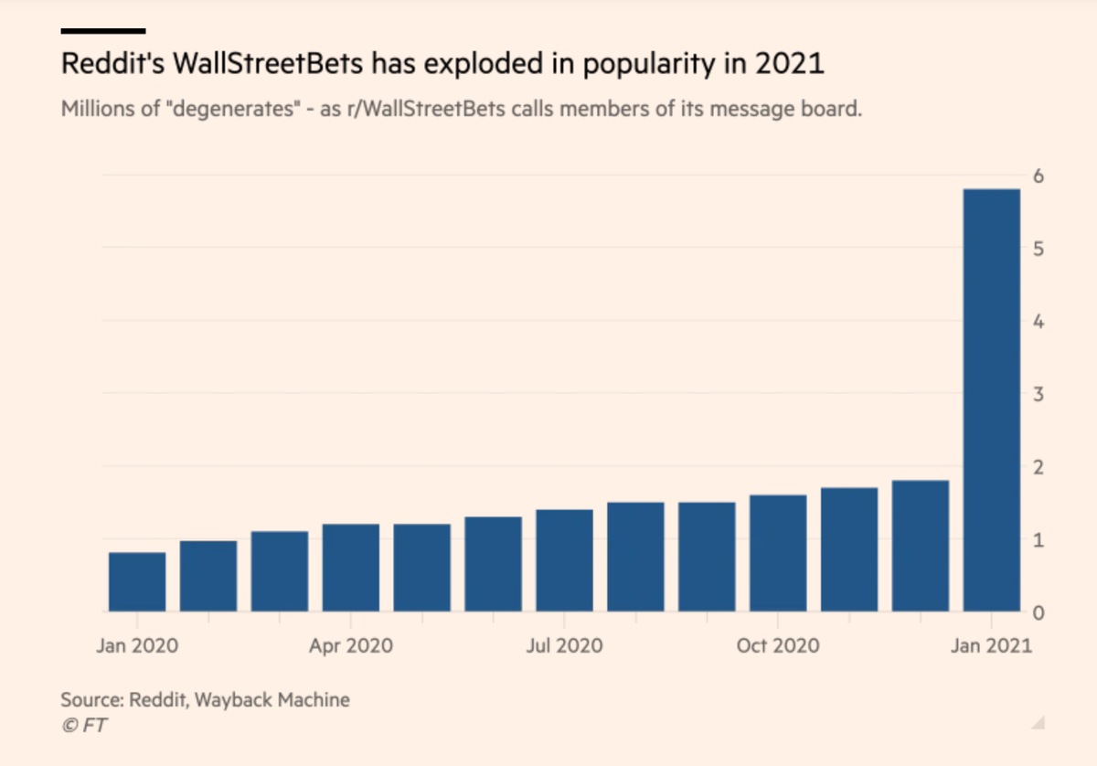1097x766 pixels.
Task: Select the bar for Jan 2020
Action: (x=137, y=582)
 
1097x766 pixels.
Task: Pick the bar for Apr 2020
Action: (x=351, y=568)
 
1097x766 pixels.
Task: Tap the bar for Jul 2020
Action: (x=564, y=560)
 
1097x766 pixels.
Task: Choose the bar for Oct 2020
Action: (x=778, y=553)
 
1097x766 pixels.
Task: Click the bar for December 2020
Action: (x=921, y=546)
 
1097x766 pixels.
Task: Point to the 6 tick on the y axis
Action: (x=1038, y=176)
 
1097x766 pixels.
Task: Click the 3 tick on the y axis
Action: (x=1038, y=394)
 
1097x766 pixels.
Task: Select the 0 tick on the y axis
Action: (x=1038, y=612)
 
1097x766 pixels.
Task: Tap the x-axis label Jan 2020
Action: (x=137, y=645)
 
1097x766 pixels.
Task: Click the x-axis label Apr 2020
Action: (x=351, y=645)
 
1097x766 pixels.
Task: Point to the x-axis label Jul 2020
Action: (x=564, y=645)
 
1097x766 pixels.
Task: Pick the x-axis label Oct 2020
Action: (x=778, y=645)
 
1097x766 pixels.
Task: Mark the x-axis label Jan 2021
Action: (x=992, y=645)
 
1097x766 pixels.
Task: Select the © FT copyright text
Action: (x=84, y=726)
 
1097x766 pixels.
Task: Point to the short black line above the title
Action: (x=102, y=31)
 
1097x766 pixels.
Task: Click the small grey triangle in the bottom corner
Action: (x=1038, y=723)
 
